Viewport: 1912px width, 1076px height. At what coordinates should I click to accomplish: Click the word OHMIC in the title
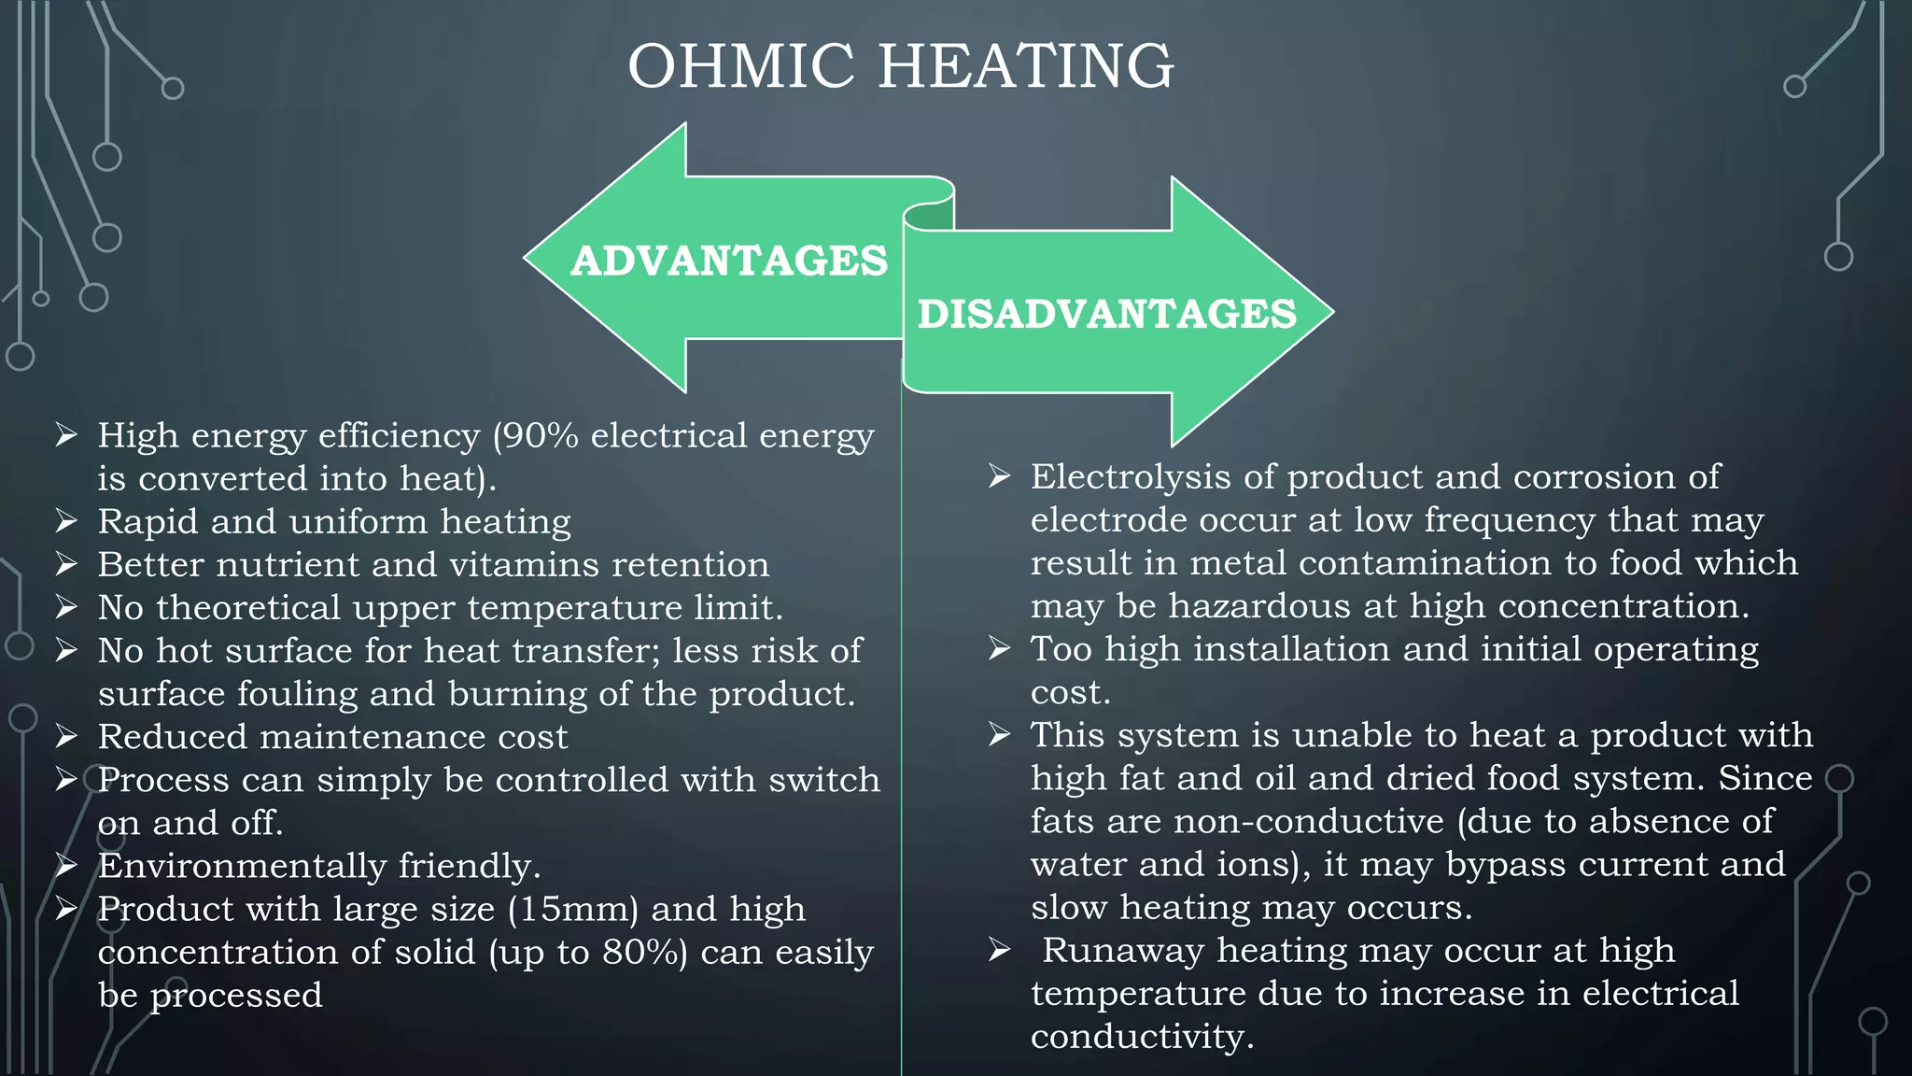pyautogui.click(x=740, y=66)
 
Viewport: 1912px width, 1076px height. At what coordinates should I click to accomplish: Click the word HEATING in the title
pyautogui.click(x=1026, y=66)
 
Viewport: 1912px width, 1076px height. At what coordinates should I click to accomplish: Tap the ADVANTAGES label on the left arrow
pyautogui.click(x=729, y=261)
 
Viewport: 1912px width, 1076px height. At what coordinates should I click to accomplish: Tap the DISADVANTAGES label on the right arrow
pyautogui.click(x=1107, y=314)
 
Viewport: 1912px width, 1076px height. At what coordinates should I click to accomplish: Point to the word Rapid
pyautogui.click(x=148, y=522)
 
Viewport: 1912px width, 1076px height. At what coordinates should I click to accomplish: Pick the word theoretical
pyautogui.click(x=248, y=608)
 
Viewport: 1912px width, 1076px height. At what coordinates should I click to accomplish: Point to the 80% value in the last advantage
pyautogui.click(x=643, y=953)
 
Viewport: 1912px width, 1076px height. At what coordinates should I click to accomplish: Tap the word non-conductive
pyautogui.click(x=1308, y=822)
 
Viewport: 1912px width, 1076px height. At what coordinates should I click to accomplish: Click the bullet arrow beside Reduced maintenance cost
pyautogui.click(x=66, y=737)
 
